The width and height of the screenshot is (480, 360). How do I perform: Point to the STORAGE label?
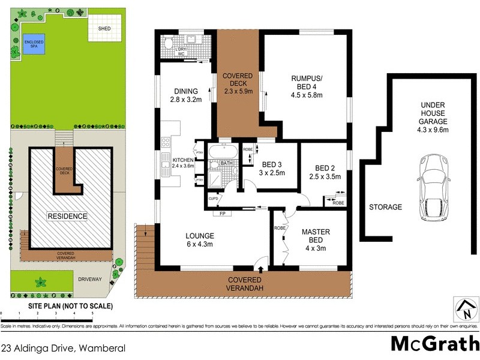click(385, 207)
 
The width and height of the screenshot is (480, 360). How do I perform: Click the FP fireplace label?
click(221, 213)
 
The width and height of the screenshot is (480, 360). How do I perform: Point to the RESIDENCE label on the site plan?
click(68, 216)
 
